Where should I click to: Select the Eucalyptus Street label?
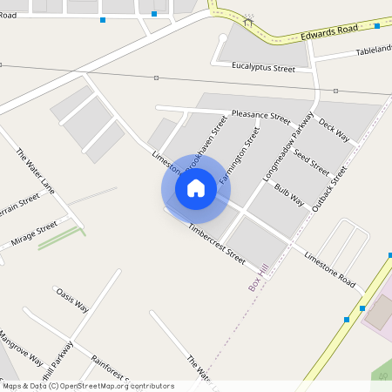click(264, 67)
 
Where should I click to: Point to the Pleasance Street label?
click(260, 116)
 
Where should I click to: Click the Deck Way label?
click(334, 131)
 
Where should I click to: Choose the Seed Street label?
click(311, 162)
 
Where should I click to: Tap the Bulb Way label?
click(289, 194)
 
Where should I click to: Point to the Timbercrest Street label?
click(217, 243)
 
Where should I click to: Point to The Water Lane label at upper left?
click(35, 172)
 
